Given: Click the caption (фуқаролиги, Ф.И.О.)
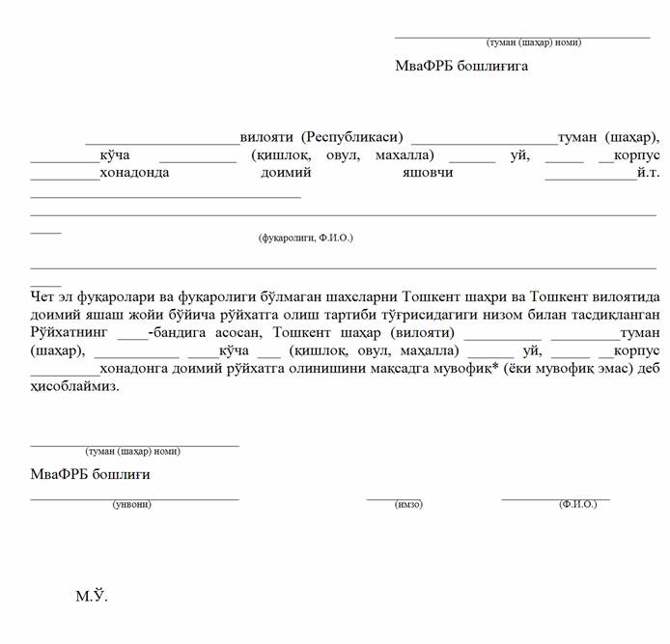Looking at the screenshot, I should (305, 237).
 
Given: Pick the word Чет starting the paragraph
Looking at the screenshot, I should (44, 298).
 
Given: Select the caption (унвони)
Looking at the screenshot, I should (131, 504).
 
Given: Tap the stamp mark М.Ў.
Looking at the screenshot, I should (92, 597).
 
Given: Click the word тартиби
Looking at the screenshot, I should (376, 316).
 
